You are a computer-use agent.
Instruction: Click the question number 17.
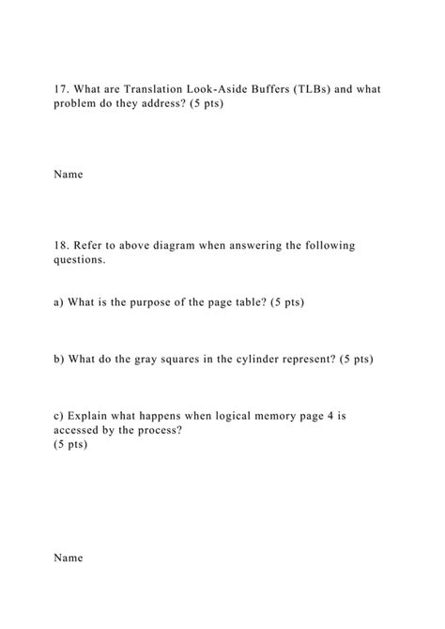[60, 89]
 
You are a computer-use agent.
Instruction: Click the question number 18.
[60, 246]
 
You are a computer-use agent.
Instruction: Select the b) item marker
[58, 359]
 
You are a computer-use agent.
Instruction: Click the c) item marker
[58, 415]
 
